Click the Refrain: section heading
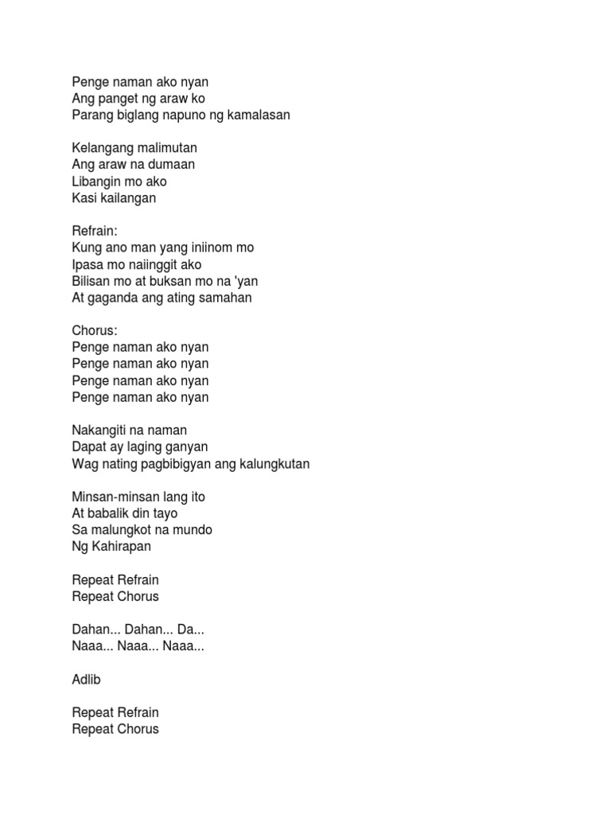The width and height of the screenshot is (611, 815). [x=94, y=231]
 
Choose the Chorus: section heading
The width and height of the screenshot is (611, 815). [x=93, y=330]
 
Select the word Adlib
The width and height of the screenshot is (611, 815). [x=86, y=679]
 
